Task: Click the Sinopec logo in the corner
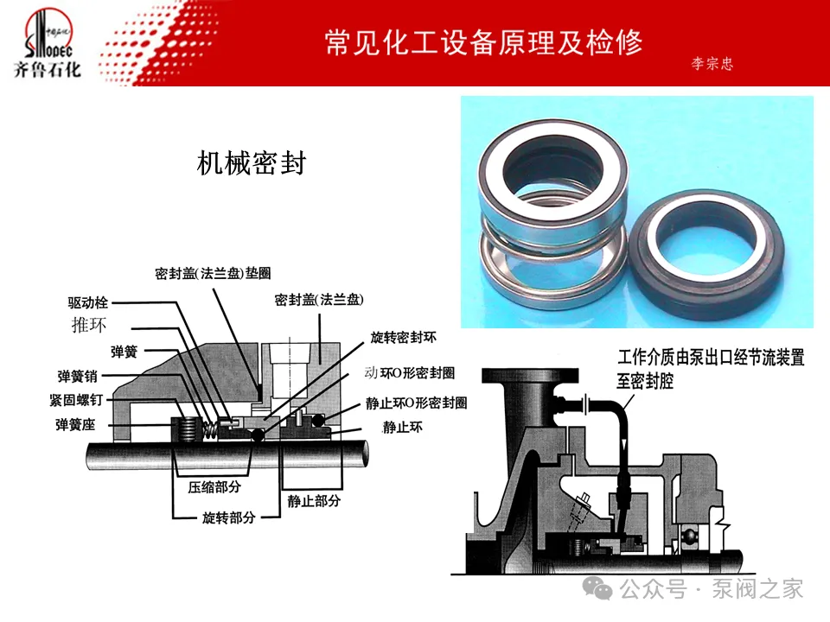click(48, 43)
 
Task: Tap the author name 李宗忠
click(712, 64)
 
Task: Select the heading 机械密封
click(252, 163)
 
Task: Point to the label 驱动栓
click(88, 303)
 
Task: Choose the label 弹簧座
click(78, 425)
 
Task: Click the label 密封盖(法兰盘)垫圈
click(213, 274)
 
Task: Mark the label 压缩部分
click(216, 486)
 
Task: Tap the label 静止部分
click(314, 500)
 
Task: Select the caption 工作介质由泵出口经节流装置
click(711, 357)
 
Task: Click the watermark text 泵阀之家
click(757, 590)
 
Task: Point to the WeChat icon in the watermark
click(600, 589)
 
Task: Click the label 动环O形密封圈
click(409, 372)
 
